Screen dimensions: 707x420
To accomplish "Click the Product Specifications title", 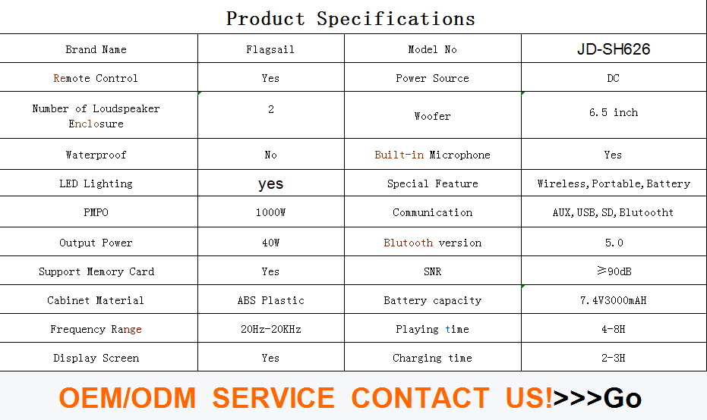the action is [x=350, y=19].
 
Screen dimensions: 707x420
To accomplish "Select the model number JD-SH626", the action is [x=614, y=49].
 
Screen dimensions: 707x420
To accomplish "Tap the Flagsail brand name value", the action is [x=270, y=49].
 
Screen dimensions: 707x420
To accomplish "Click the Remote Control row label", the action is [x=96, y=78].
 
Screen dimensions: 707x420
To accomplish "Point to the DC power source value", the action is [x=614, y=78].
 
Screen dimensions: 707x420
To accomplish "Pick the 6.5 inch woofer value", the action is [x=614, y=112].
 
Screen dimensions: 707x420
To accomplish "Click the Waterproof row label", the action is [x=96, y=155].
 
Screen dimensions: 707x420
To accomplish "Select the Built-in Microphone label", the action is [x=432, y=155].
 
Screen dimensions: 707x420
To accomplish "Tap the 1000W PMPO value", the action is [x=270, y=212].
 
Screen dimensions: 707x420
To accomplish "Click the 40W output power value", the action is [x=270, y=243].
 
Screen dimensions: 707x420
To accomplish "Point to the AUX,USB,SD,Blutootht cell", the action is [x=614, y=212].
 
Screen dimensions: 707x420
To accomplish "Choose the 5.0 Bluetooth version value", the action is [x=614, y=243].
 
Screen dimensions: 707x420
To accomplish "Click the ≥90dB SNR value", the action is [x=614, y=271].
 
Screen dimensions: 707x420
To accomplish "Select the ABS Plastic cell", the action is [x=271, y=301].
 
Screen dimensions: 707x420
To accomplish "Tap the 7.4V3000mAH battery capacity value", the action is [x=614, y=300].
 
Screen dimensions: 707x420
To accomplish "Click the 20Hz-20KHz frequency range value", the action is [x=271, y=330].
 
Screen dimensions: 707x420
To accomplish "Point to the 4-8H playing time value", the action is [x=614, y=330].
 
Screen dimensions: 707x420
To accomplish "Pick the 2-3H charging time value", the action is [x=614, y=359].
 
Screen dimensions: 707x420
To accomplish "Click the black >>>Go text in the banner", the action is [x=597, y=398].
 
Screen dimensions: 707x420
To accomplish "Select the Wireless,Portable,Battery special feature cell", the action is [x=614, y=183].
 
